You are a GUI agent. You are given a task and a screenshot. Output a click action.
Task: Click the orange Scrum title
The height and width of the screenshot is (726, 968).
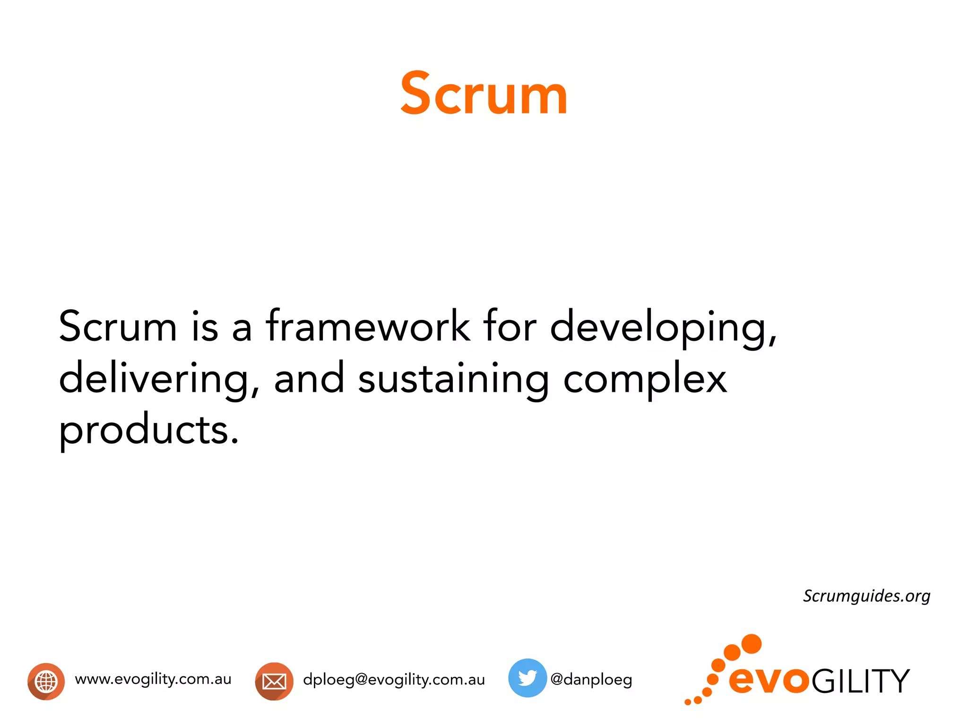[x=484, y=94]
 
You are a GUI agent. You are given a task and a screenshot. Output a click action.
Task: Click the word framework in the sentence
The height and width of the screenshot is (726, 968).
[x=368, y=326]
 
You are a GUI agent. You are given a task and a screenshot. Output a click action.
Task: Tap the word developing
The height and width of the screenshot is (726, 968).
[x=663, y=328]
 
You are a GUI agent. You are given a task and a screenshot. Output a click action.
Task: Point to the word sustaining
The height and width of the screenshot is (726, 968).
[x=453, y=379]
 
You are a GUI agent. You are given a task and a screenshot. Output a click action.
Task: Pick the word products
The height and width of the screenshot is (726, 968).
[x=148, y=430]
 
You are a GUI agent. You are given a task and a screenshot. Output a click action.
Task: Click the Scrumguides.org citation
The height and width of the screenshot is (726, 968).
[x=866, y=596]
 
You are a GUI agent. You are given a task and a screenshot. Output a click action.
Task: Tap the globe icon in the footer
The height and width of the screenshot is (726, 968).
[x=46, y=681]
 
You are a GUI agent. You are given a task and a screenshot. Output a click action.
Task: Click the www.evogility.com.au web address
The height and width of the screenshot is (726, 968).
[x=153, y=679]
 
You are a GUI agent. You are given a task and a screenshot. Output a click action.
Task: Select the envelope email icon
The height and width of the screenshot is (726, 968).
[x=274, y=681]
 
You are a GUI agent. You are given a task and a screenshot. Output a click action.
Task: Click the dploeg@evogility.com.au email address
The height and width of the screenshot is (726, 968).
[x=394, y=680]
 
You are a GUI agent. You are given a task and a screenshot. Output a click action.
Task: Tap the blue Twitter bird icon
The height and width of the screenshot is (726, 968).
[x=527, y=678]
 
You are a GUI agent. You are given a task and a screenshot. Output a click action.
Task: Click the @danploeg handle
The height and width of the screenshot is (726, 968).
[x=591, y=680]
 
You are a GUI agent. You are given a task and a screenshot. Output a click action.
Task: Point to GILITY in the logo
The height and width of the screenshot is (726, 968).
[x=860, y=681]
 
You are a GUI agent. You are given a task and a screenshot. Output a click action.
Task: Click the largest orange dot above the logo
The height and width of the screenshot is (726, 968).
[x=751, y=644]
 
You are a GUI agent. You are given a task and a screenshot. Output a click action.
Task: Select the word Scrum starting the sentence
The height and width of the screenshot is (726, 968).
[x=118, y=326]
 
